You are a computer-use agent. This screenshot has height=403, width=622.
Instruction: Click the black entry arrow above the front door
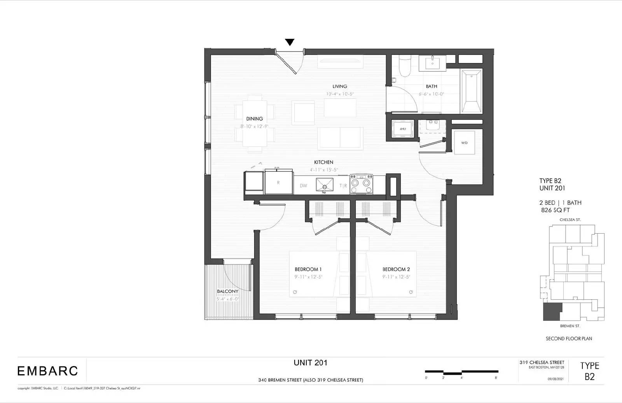(290, 42)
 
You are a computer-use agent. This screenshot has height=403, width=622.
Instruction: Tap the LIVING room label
(340, 86)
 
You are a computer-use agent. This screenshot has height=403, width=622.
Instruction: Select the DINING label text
(255, 119)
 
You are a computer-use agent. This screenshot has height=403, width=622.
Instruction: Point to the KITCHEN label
(323, 162)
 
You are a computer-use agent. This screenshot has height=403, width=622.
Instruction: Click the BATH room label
(431, 86)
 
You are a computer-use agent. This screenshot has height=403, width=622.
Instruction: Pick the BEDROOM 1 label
(308, 269)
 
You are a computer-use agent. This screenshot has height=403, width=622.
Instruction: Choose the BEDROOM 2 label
(396, 269)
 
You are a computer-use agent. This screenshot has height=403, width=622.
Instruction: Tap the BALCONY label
(228, 291)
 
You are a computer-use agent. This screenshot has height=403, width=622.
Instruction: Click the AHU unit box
(403, 129)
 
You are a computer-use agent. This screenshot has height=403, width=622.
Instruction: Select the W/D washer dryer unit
(465, 143)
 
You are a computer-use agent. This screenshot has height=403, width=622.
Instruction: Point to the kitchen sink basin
(325, 185)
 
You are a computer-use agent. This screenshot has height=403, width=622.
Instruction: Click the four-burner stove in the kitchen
(362, 184)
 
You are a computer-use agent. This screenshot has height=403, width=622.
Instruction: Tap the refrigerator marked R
(278, 182)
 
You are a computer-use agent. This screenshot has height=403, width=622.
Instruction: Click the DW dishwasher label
(303, 186)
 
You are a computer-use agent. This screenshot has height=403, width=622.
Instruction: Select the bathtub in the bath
(471, 92)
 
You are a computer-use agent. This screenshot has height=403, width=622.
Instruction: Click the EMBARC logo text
(47, 371)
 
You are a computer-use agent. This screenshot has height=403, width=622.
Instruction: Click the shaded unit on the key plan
(552, 311)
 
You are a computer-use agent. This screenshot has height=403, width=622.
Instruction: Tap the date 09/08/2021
(556, 378)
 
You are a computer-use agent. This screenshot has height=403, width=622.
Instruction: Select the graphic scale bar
(461, 372)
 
